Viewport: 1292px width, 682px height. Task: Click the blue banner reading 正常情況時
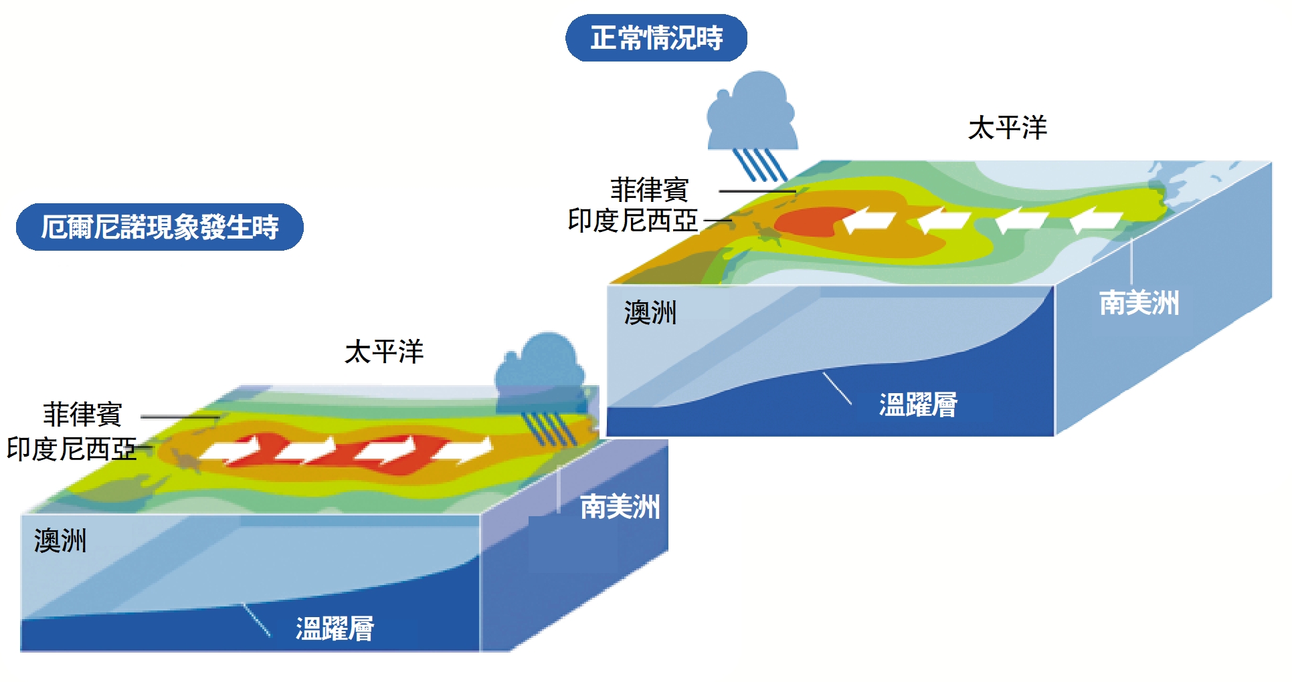(x=656, y=38)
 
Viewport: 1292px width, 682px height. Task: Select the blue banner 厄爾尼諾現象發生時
(x=159, y=227)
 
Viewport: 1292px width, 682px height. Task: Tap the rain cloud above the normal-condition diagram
(x=752, y=117)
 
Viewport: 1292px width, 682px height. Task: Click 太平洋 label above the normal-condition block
(x=1007, y=128)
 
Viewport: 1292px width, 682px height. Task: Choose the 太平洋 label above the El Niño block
(x=384, y=352)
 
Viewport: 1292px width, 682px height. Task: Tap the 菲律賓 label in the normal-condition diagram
(x=649, y=190)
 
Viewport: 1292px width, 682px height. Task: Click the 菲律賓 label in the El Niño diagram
(x=82, y=415)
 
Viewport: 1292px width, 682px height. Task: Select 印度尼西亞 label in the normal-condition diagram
(x=632, y=221)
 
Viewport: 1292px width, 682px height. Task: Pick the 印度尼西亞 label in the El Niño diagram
(x=71, y=449)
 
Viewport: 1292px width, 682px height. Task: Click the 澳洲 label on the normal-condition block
(x=650, y=312)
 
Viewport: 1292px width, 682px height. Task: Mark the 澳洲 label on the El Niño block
(x=60, y=540)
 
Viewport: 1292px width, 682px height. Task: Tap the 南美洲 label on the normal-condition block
(x=1139, y=303)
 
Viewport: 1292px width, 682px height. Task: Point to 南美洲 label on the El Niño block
(x=620, y=507)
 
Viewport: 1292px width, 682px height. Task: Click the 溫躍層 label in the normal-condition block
(x=918, y=405)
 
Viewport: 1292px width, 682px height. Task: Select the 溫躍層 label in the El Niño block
(x=335, y=629)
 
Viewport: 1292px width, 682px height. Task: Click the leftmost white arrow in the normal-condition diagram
(x=868, y=220)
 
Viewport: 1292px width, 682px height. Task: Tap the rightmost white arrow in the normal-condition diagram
(x=1096, y=220)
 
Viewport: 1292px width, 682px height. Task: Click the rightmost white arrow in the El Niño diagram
(x=464, y=449)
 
